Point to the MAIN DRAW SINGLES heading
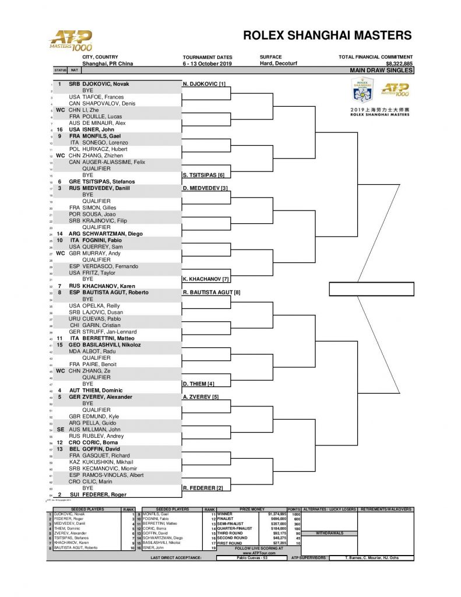(x=381, y=71)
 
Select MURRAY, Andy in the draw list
(x=103, y=254)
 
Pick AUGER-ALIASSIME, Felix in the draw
(x=110, y=162)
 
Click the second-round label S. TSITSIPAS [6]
(x=203, y=175)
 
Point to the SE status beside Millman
(x=60, y=430)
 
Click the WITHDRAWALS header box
(x=330, y=533)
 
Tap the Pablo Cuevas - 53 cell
(x=252, y=558)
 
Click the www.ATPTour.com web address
(x=251, y=552)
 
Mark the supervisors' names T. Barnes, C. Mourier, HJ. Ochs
(x=370, y=558)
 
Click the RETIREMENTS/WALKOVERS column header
(x=386, y=509)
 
